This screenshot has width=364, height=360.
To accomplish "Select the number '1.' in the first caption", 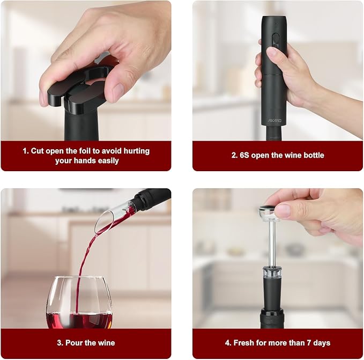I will coord(25,151).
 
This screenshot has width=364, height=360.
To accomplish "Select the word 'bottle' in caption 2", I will coord(312,156).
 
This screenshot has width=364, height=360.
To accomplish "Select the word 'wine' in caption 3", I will coord(105,343).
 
